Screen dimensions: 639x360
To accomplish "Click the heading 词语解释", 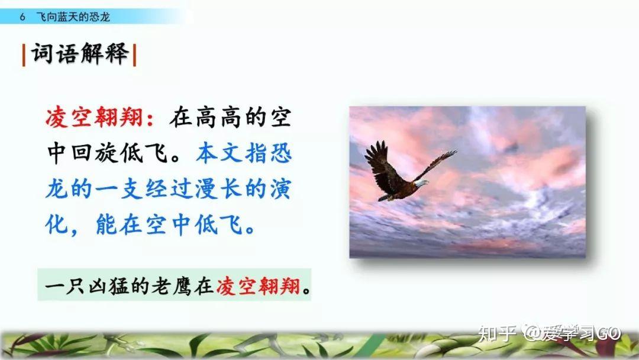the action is pos(80,53).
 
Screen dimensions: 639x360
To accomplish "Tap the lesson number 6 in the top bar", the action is pos(22,17).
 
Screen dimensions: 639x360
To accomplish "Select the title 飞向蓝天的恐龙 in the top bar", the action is pos(73,17).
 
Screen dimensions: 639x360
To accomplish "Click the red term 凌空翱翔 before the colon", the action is pos(94,118).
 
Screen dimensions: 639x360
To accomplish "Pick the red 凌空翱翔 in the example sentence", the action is pos(258,286).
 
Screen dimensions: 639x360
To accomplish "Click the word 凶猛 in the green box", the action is pos(108,286).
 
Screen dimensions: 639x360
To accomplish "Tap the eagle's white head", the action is pos(422,183).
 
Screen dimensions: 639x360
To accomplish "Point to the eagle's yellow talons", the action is pos(390,198).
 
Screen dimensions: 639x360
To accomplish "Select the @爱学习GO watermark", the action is pos(572,333).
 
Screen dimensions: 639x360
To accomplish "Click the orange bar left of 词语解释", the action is pos(24,54).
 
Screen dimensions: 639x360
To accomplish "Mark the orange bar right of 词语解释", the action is pos(134,54).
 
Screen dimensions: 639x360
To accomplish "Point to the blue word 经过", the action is pos(169,189).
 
